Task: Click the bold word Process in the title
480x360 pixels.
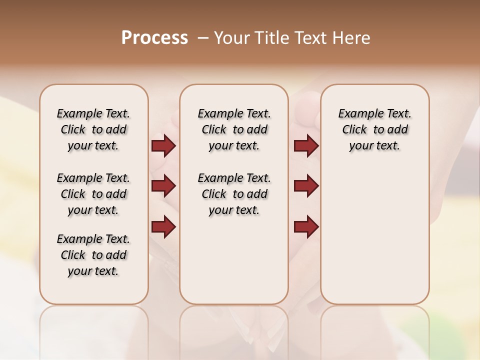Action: click(x=154, y=38)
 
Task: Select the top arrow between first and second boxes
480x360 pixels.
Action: click(x=163, y=146)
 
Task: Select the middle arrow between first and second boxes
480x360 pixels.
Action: click(x=163, y=186)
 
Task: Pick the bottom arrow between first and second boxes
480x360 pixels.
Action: click(x=163, y=227)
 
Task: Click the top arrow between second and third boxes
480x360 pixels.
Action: click(x=306, y=146)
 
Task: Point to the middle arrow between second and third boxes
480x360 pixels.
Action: click(x=306, y=186)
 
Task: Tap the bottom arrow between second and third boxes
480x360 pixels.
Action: click(x=306, y=227)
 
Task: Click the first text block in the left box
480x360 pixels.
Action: click(x=93, y=129)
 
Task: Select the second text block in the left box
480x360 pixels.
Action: click(x=93, y=194)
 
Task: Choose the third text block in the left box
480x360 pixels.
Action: click(x=93, y=255)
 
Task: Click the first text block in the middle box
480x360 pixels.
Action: click(x=234, y=129)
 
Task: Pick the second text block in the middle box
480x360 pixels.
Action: click(x=234, y=194)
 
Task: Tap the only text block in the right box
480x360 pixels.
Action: click(x=374, y=129)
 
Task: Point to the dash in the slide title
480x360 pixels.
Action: click(x=203, y=38)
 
